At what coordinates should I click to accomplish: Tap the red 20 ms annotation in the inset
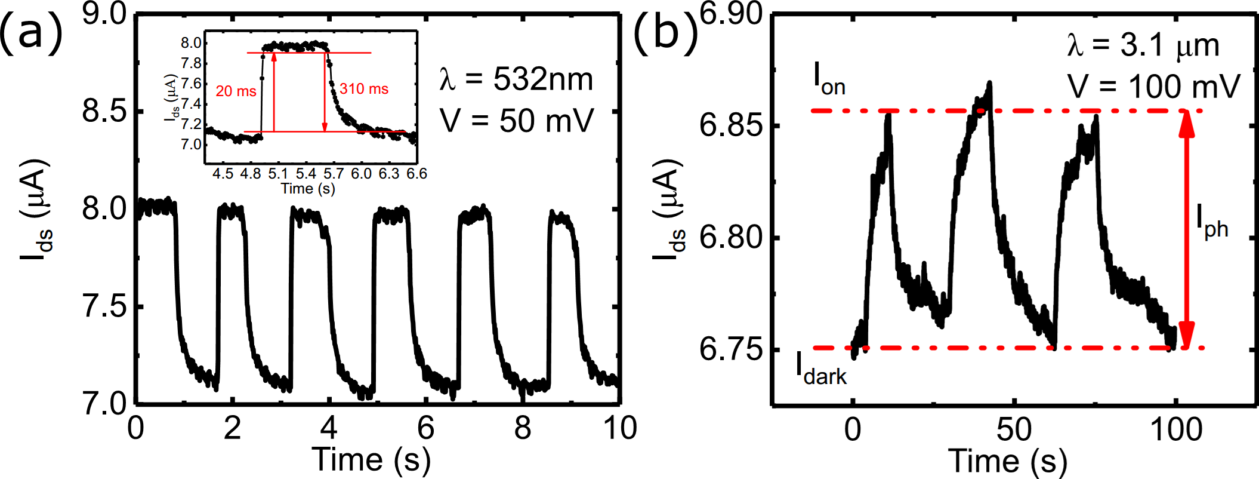click(x=236, y=91)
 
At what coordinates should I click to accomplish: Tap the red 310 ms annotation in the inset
click(x=364, y=90)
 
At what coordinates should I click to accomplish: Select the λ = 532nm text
click(x=517, y=79)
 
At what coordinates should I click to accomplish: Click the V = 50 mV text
click(x=517, y=121)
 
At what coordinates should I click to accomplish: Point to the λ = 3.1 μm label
click(x=1143, y=46)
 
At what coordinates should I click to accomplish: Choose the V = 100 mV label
click(x=1153, y=87)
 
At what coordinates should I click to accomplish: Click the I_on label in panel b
click(x=829, y=79)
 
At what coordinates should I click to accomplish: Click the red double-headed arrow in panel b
click(x=1186, y=230)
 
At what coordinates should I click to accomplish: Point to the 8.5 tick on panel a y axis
click(x=105, y=112)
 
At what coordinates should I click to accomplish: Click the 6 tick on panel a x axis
click(x=425, y=428)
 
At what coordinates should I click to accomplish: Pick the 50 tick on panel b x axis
click(x=1014, y=430)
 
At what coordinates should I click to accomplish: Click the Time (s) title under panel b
click(x=1008, y=461)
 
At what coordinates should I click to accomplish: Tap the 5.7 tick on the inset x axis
click(x=334, y=174)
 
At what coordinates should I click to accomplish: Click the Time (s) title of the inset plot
click(x=308, y=189)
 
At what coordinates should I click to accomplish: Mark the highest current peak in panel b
click(x=989, y=84)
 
